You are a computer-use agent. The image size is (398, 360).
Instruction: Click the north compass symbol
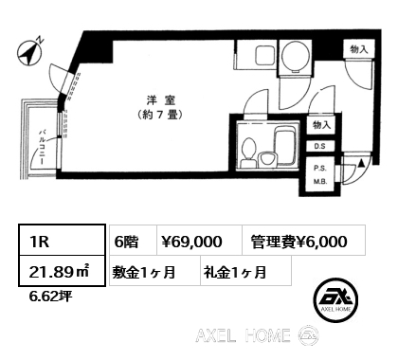[x=29, y=53]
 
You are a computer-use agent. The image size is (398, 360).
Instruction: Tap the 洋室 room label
[x=161, y=100]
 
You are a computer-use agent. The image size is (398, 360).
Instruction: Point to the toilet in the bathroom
[x=247, y=153]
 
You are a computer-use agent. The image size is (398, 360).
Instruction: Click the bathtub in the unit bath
[x=286, y=146]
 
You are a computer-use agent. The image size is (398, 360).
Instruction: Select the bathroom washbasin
[x=267, y=159]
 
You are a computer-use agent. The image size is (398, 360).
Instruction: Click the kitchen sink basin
[x=264, y=55]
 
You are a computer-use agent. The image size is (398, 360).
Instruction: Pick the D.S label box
[x=319, y=146]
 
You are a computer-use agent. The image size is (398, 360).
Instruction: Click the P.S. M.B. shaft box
[x=320, y=175]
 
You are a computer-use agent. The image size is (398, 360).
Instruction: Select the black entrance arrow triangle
[x=362, y=163]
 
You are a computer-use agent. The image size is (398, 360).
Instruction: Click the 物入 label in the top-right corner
[x=359, y=49]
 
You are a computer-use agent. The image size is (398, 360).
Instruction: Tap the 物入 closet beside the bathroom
[x=321, y=125]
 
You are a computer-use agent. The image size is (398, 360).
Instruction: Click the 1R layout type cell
[x=62, y=240]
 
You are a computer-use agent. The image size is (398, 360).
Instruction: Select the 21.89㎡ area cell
[x=62, y=271]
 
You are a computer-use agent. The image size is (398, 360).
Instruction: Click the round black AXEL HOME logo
[x=335, y=300]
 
